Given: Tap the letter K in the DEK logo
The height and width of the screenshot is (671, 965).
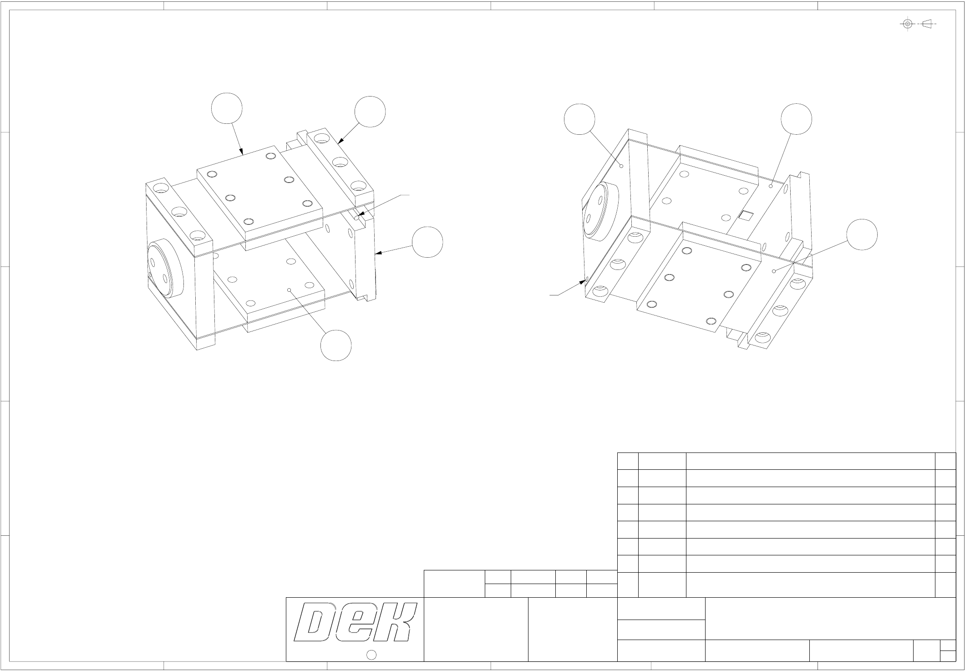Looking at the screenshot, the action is (395, 623).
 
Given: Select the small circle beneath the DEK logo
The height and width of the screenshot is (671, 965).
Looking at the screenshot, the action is (371, 655).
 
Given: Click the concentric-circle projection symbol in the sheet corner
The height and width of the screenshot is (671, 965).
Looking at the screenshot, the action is (907, 24).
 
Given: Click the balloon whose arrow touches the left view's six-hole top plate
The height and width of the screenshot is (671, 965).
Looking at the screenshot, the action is (227, 108).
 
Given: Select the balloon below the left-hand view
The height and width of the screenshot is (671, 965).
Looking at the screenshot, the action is (336, 346).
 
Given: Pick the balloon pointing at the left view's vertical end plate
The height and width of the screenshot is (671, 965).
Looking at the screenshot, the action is (428, 242).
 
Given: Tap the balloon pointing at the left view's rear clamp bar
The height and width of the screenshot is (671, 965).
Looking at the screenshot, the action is (370, 112).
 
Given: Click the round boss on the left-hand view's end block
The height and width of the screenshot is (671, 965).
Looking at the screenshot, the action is (165, 269).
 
